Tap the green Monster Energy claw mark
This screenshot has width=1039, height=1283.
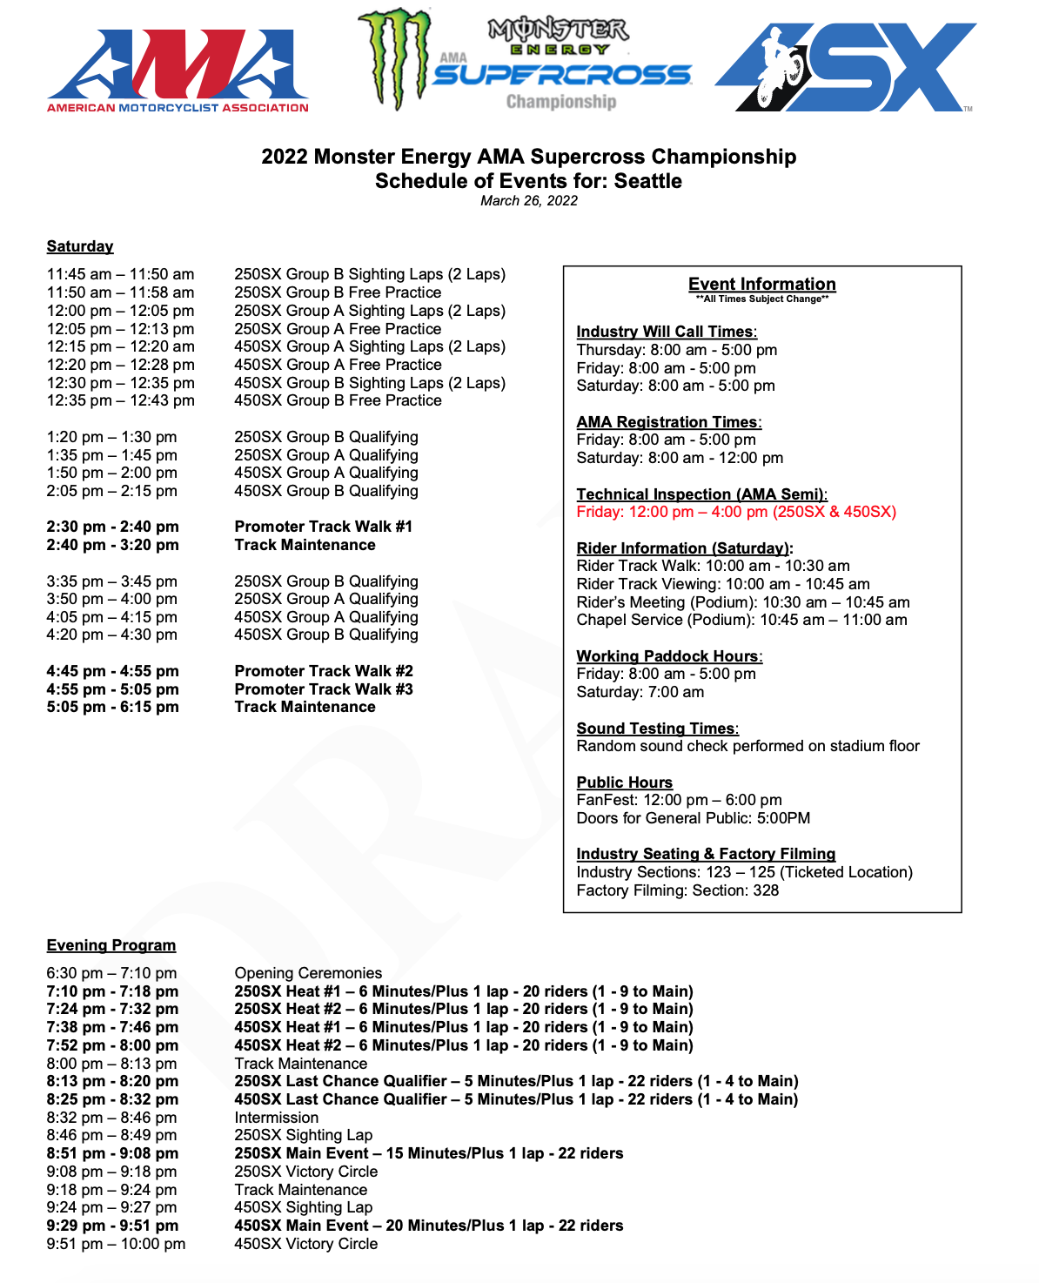click(396, 58)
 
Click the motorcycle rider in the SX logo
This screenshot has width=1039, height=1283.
click(777, 68)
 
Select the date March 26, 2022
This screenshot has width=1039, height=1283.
click(528, 201)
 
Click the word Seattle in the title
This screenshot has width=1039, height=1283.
click(647, 181)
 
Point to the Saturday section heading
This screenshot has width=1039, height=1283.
click(80, 246)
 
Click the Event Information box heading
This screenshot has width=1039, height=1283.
click(761, 284)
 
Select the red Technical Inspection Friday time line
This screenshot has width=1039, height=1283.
click(735, 512)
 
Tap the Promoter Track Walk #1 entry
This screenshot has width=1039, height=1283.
click(323, 527)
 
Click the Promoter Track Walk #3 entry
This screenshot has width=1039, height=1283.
click(323, 689)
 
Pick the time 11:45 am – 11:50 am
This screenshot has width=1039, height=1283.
click(120, 274)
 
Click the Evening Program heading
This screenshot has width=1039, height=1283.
click(111, 945)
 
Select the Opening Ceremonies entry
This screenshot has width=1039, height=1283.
click(308, 973)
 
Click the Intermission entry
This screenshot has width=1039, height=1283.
click(276, 1118)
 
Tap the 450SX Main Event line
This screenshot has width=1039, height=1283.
click(428, 1226)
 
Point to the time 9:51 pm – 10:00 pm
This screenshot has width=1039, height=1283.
click(116, 1244)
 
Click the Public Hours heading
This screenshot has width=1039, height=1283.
click(624, 783)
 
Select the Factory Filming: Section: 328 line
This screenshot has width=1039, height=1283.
click(677, 890)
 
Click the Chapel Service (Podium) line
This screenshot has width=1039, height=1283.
click(741, 620)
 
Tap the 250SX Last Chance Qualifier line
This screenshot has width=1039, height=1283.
click(515, 1081)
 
